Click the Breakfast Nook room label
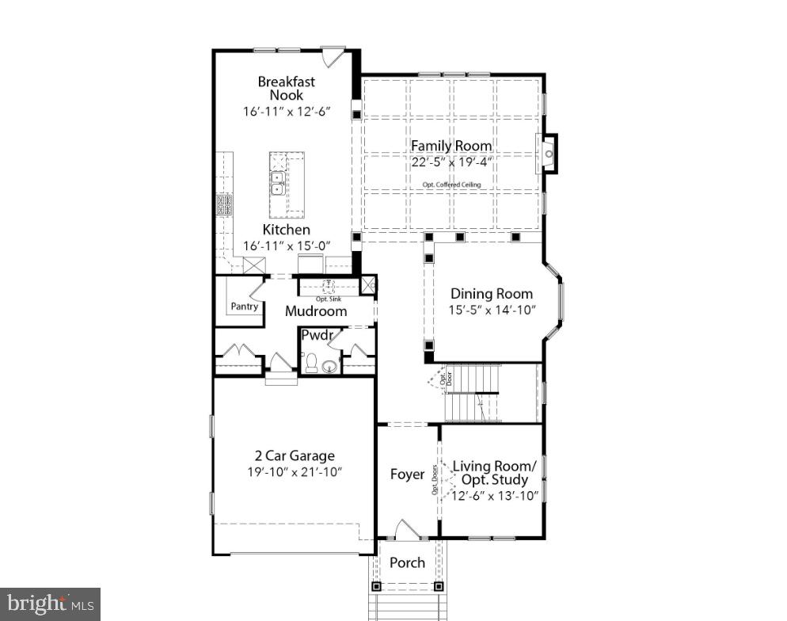coord(286,88)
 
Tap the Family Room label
coord(451,146)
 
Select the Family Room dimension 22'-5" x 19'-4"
coord(451,162)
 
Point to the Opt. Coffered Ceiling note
coord(451,185)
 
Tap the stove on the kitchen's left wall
coord(222,206)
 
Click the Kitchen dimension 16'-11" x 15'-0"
coord(286,246)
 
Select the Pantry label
coord(244,307)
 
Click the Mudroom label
coord(316,311)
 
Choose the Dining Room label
coord(492,294)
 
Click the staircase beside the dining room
coord(473,392)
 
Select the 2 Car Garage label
coord(295,455)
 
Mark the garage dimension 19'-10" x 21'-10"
coord(295,472)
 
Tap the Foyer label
coord(407,474)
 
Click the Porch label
coord(407,562)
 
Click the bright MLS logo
coord(49,604)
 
